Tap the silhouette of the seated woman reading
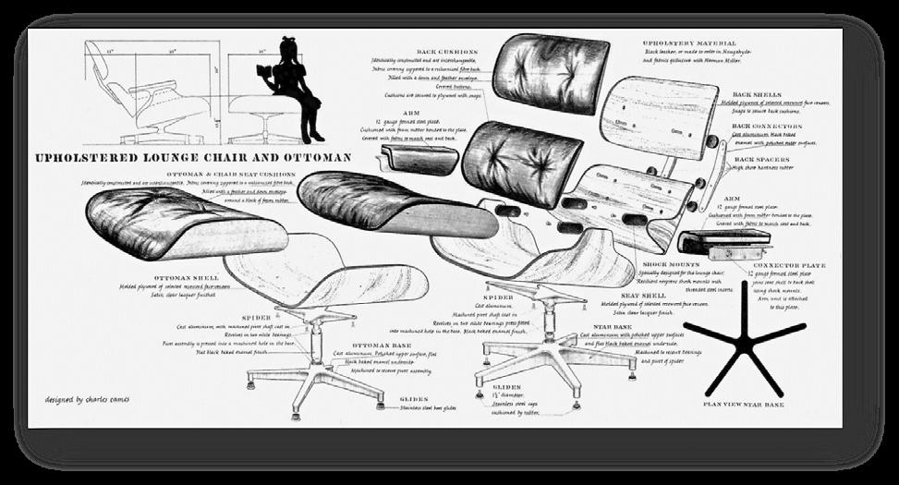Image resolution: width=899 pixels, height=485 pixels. click(x=295, y=88)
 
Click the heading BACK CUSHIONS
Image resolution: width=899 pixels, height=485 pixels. click(x=448, y=52)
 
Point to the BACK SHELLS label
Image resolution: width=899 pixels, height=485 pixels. click(x=755, y=94)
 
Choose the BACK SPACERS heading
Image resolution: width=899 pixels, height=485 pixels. click(x=759, y=159)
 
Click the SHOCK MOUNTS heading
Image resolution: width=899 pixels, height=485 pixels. click(x=673, y=263)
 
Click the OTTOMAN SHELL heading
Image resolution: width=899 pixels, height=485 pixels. click(x=186, y=276)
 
